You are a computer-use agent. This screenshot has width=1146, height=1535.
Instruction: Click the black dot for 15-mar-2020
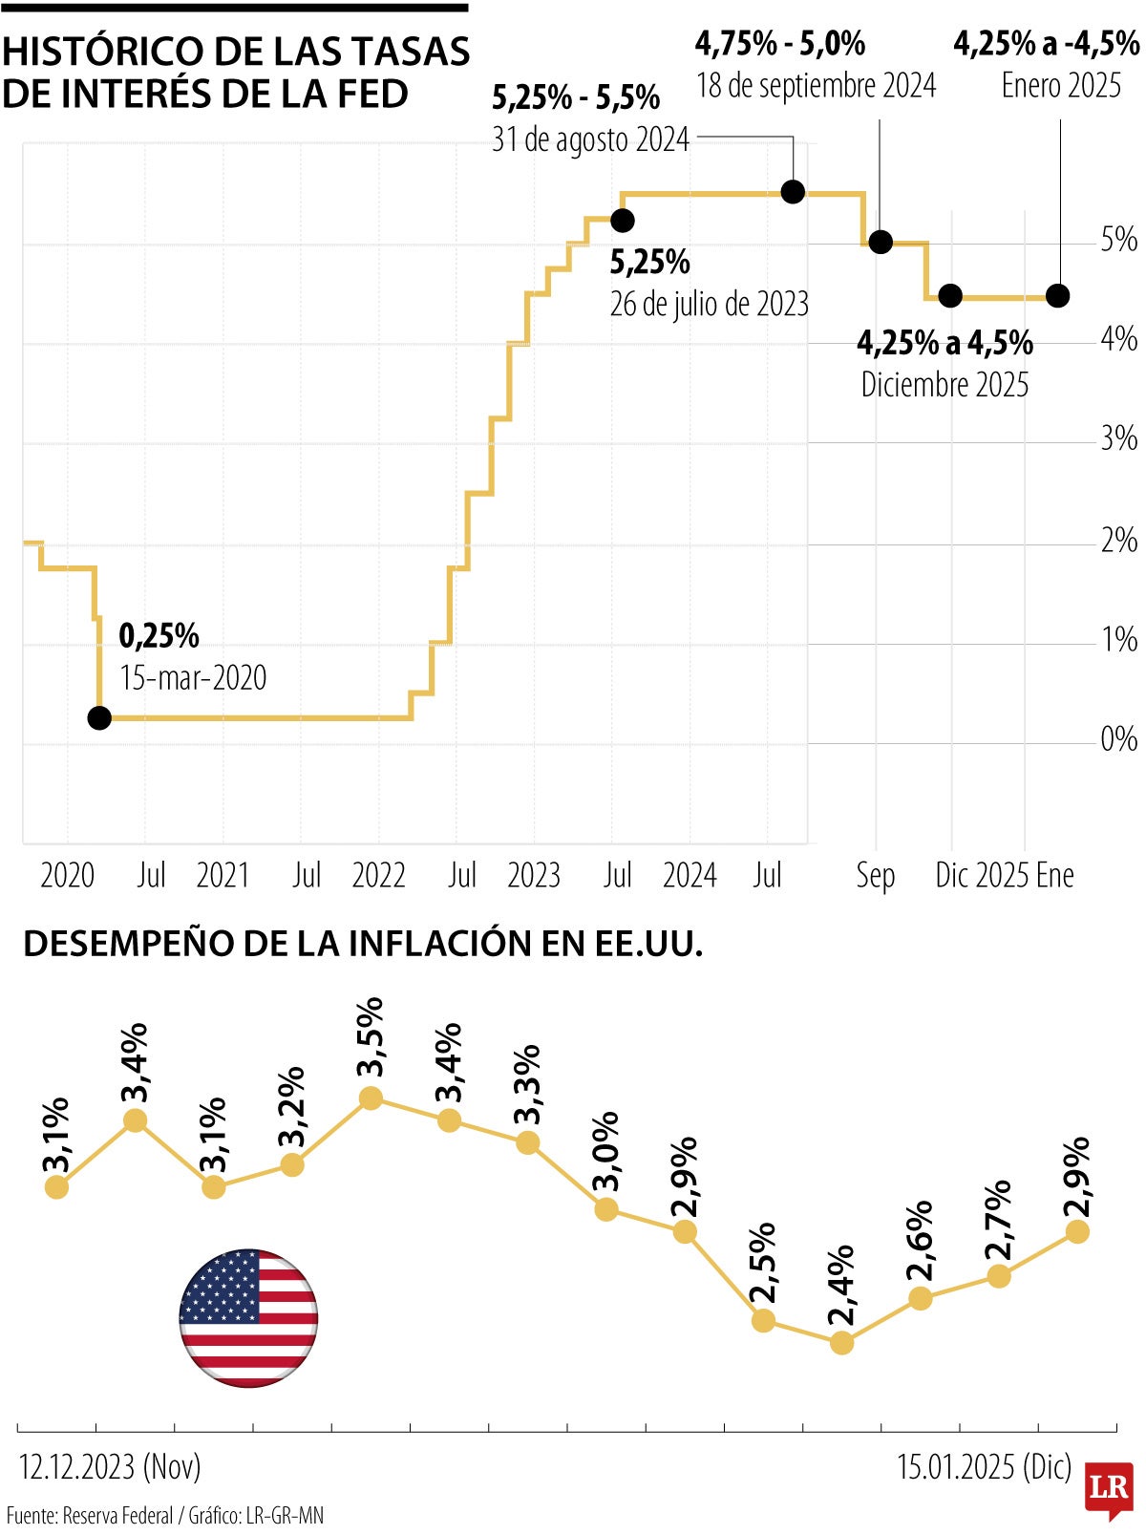pos(99,717)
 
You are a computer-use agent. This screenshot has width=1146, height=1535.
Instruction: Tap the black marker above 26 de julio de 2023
pos(622,221)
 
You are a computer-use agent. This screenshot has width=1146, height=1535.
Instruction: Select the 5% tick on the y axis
pos(1118,240)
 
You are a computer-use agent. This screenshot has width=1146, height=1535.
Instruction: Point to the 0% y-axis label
pos(1118,738)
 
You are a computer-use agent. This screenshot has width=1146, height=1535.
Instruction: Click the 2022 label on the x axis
pos(378,875)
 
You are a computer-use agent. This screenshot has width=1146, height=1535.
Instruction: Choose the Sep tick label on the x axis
pos(875,875)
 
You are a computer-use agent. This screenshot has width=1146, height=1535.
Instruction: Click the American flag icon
pos(248,1317)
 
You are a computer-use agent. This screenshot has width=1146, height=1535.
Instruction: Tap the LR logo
pos(1109,1488)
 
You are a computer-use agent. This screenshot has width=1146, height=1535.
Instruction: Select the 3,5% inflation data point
pos(371,1098)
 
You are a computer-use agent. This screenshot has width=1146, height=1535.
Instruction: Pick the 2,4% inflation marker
pos(841,1343)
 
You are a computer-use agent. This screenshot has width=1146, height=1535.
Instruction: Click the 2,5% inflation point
pos(763,1321)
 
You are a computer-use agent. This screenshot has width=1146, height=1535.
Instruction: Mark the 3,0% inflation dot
pos(606,1209)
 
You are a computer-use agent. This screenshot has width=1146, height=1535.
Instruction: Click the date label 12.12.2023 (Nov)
pos(110,1466)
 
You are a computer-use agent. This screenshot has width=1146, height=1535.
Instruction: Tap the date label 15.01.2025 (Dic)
pos(984,1466)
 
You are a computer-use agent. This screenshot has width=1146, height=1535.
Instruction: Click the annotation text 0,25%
pos(159,635)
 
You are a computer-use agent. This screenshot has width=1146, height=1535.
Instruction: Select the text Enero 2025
pos(1060,86)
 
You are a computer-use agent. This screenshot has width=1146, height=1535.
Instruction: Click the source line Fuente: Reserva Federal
pos(91,1515)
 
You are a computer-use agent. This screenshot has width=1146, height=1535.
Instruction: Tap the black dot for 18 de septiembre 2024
pos(881,242)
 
